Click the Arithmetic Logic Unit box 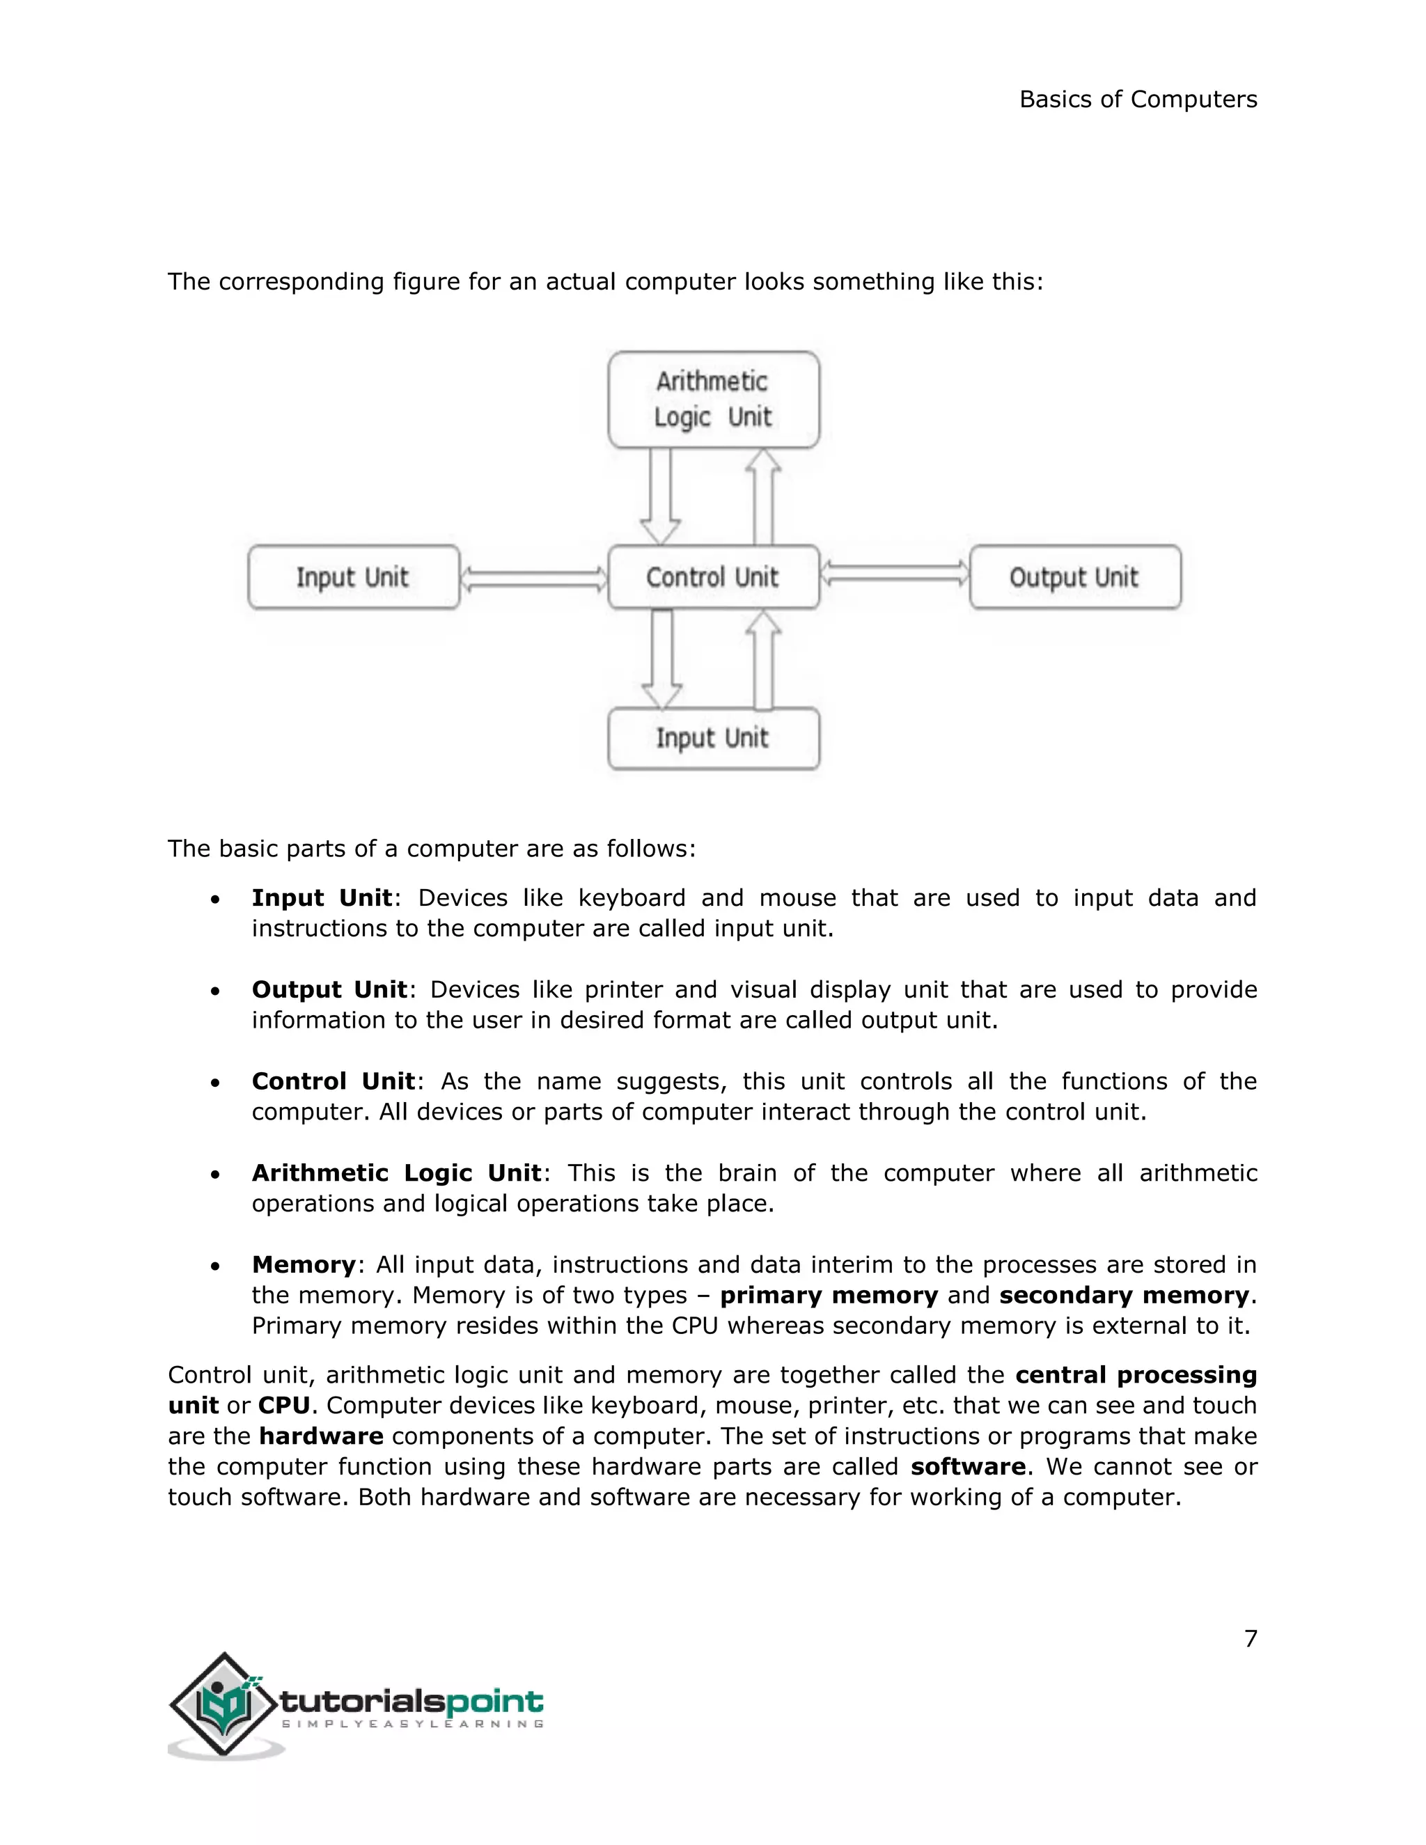pyautogui.click(x=713, y=400)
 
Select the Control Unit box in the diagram pyautogui.click(x=713, y=577)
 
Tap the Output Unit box pyautogui.click(x=1074, y=577)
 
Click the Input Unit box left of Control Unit pyautogui.click(x=353, y=577)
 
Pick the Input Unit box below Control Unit pyautogui.click(x=713, y=738)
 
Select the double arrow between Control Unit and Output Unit pyautogui.click(x=895, y=574)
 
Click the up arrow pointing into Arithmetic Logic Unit pyautogui.click(x=764, y=496)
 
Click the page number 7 pyautogui.click(x=1251, y=1639)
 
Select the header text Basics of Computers pyautogui.click(x=1138, y=100)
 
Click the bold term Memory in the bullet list pyautogui.click(x=304, y=1264)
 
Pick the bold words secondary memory pyautogui.click(x=1124, y=1295)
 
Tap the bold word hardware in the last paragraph pyautogui.click(x=321, y=1436)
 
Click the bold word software pyautogui.click(x=968, y=1466)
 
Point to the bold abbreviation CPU pyautogui.click(x=284, y=1406)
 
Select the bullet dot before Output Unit pyautogui.click(x=217, y=991)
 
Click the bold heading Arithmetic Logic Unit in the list pyautogui.click(x=396, y=1173)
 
